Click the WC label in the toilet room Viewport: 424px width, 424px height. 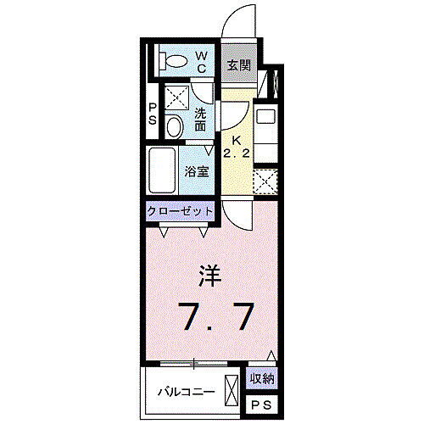[202, 62]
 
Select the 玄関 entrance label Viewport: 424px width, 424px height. [238, 64]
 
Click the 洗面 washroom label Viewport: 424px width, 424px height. [201, 120]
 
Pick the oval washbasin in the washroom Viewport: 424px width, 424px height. [174, 127]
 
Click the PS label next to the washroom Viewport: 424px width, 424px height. [153, 114]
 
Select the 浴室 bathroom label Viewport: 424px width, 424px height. [198, 169]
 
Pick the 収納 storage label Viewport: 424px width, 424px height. [262, 379]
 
